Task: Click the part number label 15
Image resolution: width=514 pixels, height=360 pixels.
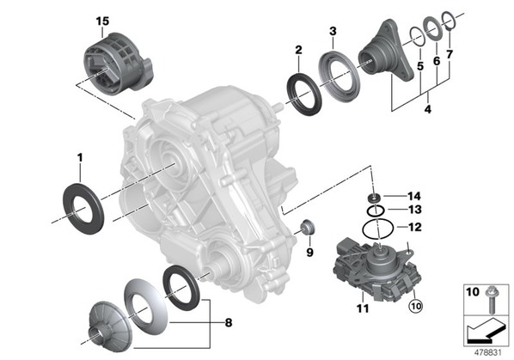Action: pyautogui.click(x=102, y=21)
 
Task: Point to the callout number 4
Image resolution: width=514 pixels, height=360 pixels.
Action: pyautogui.click(x=428, y=109)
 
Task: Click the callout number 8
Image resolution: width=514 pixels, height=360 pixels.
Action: pyautogui.click(x=229, y=323)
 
